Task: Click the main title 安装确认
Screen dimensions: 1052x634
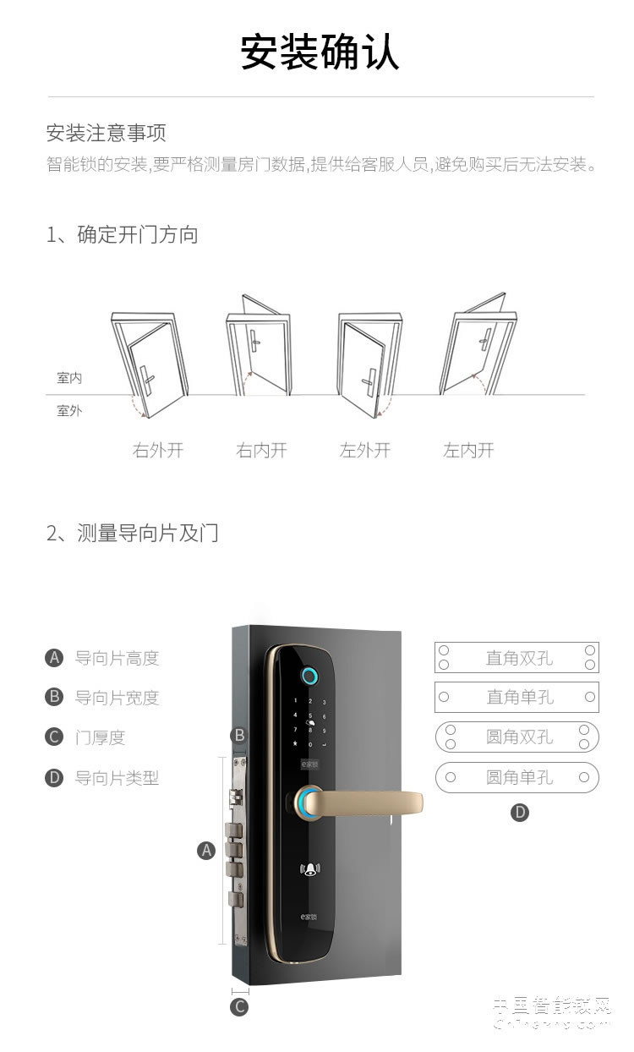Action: point(320,52)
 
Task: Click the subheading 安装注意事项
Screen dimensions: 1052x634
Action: point(106,133)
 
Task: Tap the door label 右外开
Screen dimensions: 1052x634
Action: point(158,450)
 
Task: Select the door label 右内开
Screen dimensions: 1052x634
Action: point(261,450)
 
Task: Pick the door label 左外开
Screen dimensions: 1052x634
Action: point(365,450)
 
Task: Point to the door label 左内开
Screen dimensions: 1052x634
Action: point(468,450)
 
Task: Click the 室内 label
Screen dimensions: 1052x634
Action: point(69,378)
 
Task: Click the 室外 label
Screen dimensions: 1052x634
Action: point(69,411)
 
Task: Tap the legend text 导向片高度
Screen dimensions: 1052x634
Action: point(117,658)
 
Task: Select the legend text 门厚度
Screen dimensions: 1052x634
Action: point(100,737)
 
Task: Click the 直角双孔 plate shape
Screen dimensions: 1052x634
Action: point(516,658)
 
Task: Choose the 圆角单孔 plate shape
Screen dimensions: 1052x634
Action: point(516,777)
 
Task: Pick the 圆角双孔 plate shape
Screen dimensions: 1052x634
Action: point(516,737)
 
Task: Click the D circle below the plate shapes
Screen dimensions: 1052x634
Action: point(520,814)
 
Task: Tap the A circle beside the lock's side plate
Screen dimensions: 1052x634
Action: point(206,851)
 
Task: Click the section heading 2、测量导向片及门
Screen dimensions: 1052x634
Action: point(133,534)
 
